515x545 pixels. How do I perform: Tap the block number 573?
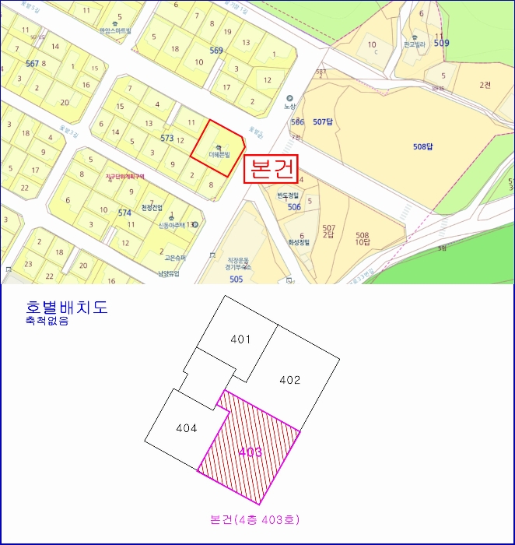[x=166, y=138]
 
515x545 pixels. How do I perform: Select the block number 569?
[x=216, y=51]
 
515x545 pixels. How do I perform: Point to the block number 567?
[x=32, y=63]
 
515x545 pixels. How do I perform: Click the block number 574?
[x=124, y=213]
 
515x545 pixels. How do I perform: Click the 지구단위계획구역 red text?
[x=126, y=177]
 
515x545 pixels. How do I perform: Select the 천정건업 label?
[x=152, y=208]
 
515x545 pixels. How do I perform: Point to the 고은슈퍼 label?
[x=175, y=257]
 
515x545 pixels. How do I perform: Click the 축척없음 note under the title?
[x=47, y=320]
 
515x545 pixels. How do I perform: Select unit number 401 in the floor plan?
[x=240, y=339]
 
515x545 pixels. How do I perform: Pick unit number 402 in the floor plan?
[x=289, y=380]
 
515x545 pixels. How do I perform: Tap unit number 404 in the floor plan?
[x=186, y=427]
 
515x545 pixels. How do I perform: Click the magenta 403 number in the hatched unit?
[x=250, y=452]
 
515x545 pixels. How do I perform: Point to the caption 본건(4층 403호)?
[x=254, y=519]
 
